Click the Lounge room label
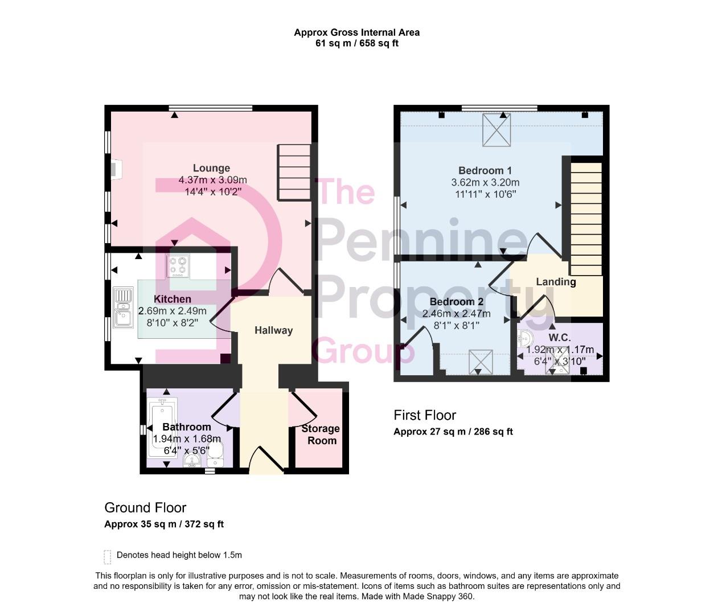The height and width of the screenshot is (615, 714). tap(211, 168)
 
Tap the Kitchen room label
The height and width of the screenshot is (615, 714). tap(173, 299)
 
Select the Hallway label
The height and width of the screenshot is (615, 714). tap(273, 330)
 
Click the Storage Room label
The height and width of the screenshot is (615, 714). tap(321, 434)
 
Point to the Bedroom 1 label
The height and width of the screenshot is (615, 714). tap(485, 170)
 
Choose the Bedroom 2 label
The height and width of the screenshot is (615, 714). tap(456, 302)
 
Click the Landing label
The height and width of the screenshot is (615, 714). tap(556, 282)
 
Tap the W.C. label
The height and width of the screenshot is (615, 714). tap(560, 338)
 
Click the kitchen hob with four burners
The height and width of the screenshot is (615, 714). tap(178, 266)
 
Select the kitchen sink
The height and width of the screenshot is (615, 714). tap(122, 307)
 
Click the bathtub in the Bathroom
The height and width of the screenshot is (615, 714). tap(162, 427)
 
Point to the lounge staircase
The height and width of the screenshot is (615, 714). tap(294, 172)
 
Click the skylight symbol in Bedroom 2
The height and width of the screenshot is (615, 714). tap(481, 362)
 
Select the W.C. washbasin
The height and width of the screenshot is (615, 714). tap(524, 339)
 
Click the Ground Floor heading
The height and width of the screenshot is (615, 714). tap(145, 507)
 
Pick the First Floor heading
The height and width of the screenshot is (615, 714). tap(425, 415)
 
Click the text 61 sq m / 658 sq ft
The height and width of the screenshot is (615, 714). tap(357, 43)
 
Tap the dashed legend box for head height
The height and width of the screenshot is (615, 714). tap(108, 556)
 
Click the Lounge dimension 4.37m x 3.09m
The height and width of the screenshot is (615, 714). tap(212, 180)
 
